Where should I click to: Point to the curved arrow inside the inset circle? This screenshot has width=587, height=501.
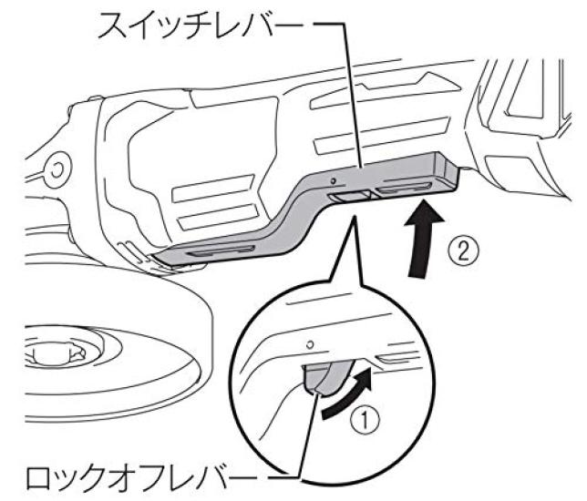[347, 393]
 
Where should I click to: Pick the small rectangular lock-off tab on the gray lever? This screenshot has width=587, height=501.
[347, 196]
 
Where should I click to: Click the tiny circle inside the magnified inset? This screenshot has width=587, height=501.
[311, 344]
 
